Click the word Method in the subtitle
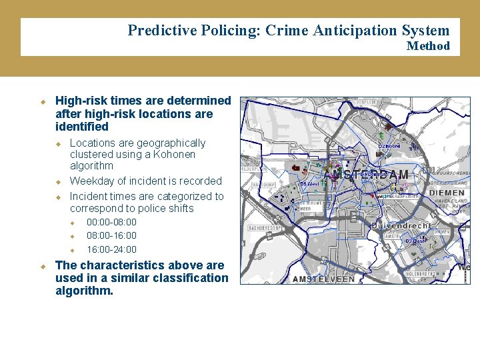[x=428, y=46]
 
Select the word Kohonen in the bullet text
[x=179, y=154]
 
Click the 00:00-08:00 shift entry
[x=111, y=222]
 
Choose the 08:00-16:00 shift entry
[x=111, y=235]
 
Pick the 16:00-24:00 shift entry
[x=111, y=249]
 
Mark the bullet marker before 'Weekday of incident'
[x=58, y=181]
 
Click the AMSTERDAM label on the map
[x=366, y=175]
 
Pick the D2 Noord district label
[x=389, y=146]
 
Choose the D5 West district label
[x=309, y=184]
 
